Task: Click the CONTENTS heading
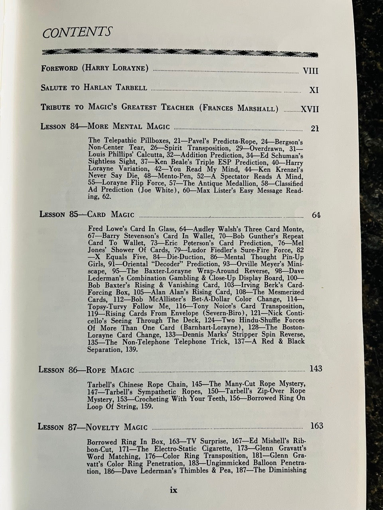coord(77,32)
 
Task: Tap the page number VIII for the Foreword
coord(310,71)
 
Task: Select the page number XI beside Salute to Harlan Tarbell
coord(314,90)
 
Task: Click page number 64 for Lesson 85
coord(316,215)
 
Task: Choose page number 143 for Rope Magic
coord(315,369)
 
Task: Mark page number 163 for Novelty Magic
coord(316,426)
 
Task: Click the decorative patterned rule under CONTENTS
coord(180,52)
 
